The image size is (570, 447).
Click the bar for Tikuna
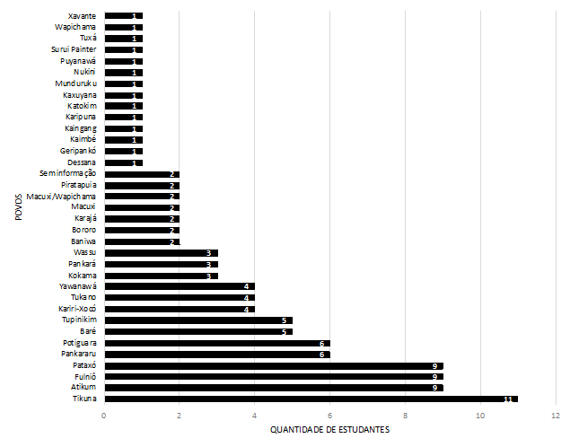[311, 399]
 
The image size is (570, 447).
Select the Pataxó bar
[273, 365]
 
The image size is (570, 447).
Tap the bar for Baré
[197, 331]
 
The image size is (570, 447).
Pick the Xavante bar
[123, 16]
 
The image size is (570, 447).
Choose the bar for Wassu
[161, 253]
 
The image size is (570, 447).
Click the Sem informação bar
[142, 173]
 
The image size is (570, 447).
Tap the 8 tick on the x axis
[406, 416]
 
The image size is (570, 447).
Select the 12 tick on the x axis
[556, 416]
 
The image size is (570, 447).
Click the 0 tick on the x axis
[104, 416]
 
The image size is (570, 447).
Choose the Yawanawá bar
[180, 286]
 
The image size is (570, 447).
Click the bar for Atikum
[273, 388]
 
